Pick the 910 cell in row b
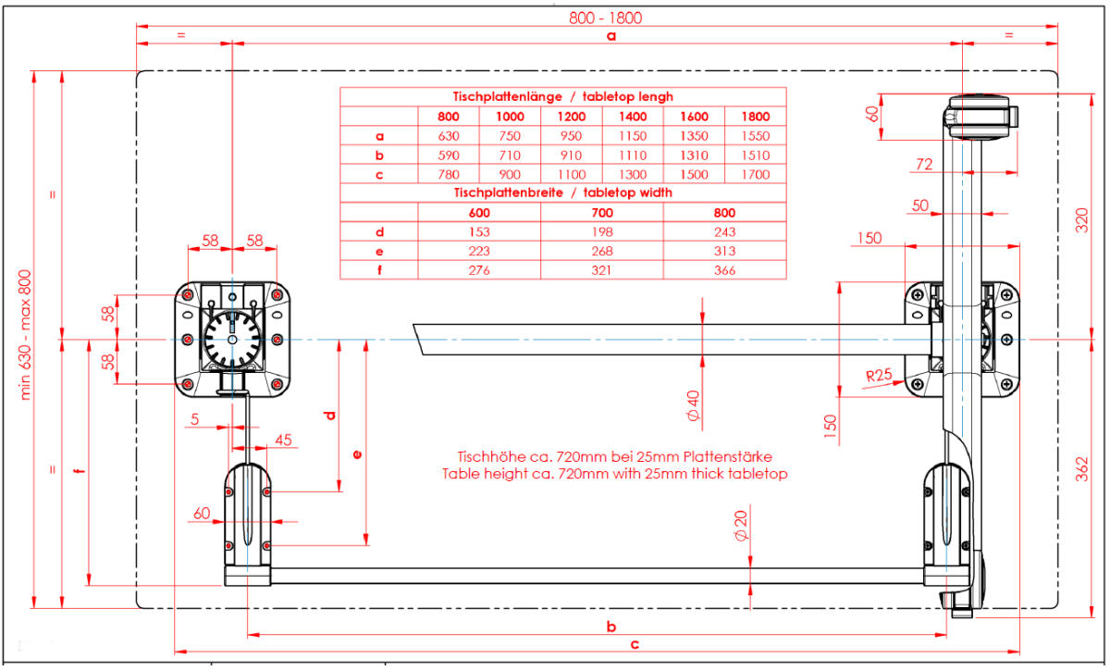[572, 155]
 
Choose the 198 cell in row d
[602, 231]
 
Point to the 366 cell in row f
[724, 270]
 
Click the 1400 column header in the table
[634, 117]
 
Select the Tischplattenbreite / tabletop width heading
[563, 193]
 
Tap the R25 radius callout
[881, 376]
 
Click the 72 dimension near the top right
[924, 165]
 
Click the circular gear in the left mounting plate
[230, 339]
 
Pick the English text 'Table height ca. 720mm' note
[614, 474]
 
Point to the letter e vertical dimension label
[358, 454]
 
